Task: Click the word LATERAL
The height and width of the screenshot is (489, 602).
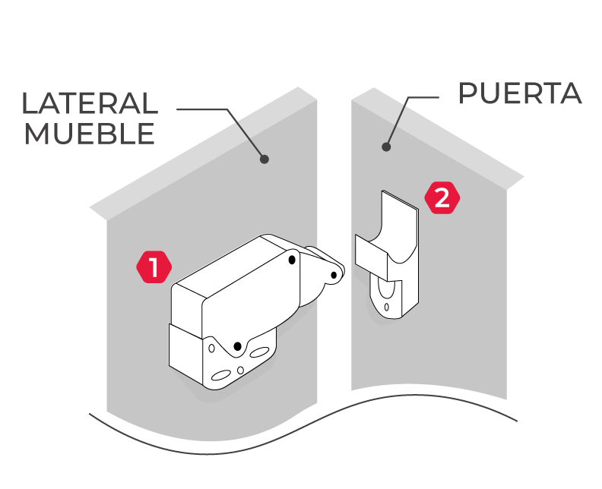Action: [x=90, y=103]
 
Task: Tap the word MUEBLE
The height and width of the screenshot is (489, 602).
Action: [x=90, y=134]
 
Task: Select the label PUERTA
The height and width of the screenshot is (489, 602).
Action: [x=520, y=93]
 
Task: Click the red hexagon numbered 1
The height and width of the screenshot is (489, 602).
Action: [x=154, y=267]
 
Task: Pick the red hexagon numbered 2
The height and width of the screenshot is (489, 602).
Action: [x=442, y=198]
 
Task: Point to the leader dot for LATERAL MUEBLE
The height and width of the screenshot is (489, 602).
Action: [x=265, y=159]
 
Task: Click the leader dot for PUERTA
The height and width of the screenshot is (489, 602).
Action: [x=386, y=147]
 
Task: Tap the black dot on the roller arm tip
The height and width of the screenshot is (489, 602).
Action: [x=334, y=275]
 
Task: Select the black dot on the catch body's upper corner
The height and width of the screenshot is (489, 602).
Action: [x=292, y=260]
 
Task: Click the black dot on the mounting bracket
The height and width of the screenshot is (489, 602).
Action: [x=238, y=346]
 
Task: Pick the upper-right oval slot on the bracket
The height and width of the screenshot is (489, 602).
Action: [x=259, y=352]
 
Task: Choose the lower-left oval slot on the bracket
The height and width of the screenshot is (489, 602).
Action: [x=221, y=375]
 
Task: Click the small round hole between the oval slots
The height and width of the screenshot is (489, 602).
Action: [x=240, y=370]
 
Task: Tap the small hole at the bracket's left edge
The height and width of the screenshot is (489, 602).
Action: [x=211, y=349]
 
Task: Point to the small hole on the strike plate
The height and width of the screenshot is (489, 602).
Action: [x=386, y=307]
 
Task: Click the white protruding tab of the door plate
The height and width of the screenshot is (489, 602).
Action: [x=371, y=257]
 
